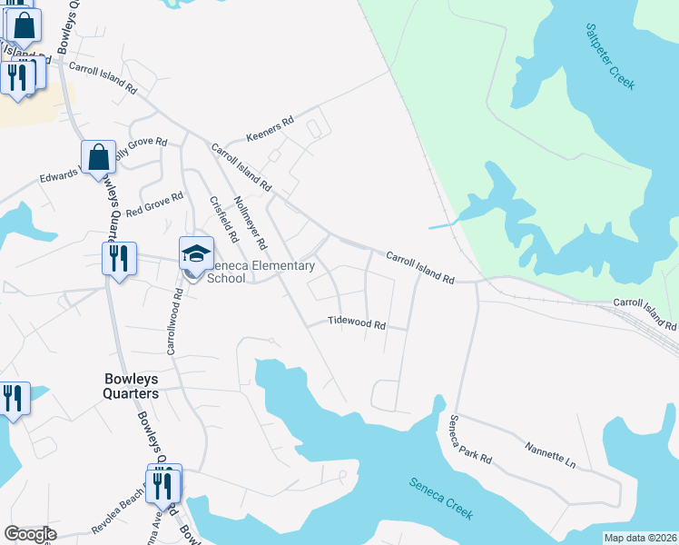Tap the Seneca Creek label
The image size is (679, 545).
pos(440,499)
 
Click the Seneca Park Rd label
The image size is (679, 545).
pos(469,440)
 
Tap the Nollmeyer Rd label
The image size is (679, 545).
pos(251,223)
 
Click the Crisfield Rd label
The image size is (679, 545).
pos(223,220)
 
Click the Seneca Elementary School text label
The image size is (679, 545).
pos(260,272)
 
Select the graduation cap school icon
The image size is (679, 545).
pos(196,252)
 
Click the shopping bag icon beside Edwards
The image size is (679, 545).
pos(98,157)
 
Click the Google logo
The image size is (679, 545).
pos(30,534)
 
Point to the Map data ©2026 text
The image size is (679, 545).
pos(640,538)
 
